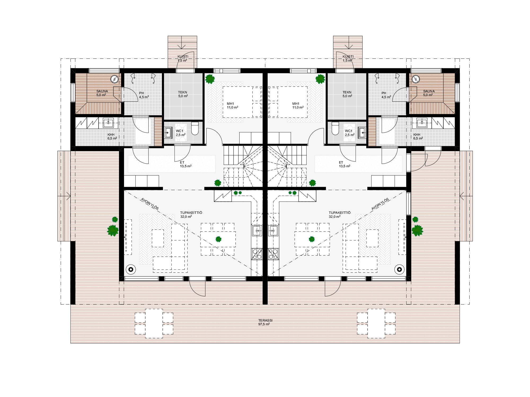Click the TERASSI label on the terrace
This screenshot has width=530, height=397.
(x=265, y=320)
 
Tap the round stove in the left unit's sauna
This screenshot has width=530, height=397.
(x=114, y=79)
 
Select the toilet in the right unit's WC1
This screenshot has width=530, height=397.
(x=335, y=128)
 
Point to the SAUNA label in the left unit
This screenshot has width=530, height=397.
(x=102, y=91)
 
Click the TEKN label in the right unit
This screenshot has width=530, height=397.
(x=347, y=92)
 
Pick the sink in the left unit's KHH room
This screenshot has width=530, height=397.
(x=108, y=123)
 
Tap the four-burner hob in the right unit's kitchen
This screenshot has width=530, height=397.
(x=273, y=254)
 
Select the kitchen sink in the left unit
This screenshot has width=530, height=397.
(x=257, y=231)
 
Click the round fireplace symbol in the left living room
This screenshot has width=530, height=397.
(x=131, y=269)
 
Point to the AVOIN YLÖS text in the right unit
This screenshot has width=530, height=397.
(x=380, y=204)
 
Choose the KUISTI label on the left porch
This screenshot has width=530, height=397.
(x=183, y=57)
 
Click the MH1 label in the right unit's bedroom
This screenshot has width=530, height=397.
(x=296, y=104)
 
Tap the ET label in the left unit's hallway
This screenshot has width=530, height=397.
(x=182, y=163)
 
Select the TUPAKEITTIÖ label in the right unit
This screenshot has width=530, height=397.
(x=340, y=213)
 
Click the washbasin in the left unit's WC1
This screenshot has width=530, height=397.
(x=168, y=133)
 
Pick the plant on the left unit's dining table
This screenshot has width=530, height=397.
(x=218, y=239)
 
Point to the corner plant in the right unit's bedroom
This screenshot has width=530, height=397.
(x=320, y=79)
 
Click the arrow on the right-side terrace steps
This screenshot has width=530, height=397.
(x=466, y=196)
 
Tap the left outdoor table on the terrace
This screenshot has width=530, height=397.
(x=154, y=323)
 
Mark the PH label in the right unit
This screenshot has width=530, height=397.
(x=384, y=93)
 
